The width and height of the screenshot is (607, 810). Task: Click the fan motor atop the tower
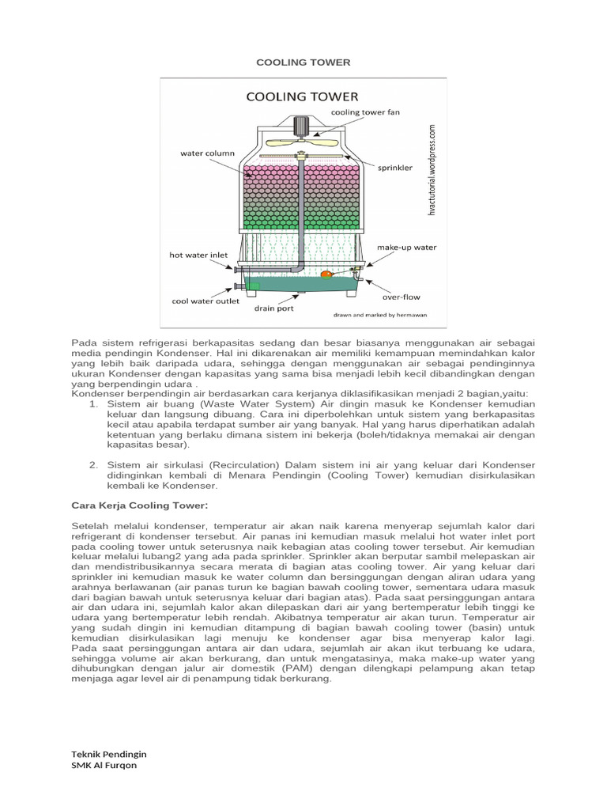(x=302, y=127)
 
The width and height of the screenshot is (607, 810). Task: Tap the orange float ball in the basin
(x=326, y=275)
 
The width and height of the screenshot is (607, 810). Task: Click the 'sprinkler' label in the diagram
(x=395, y=168)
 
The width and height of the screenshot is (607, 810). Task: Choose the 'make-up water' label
(x=406, y=247)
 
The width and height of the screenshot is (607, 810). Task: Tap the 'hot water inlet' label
(x=198, y=255)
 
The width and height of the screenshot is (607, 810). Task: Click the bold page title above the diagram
(x=303, y=62)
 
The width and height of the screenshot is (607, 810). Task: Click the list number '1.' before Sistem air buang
(x=92, y=403)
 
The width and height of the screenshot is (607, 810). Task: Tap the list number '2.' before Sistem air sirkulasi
(x=92, y=464)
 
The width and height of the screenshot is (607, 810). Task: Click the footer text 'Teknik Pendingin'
(x=109, y=753)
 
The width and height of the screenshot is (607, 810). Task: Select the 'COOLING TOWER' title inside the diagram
(x=302, y=97)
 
